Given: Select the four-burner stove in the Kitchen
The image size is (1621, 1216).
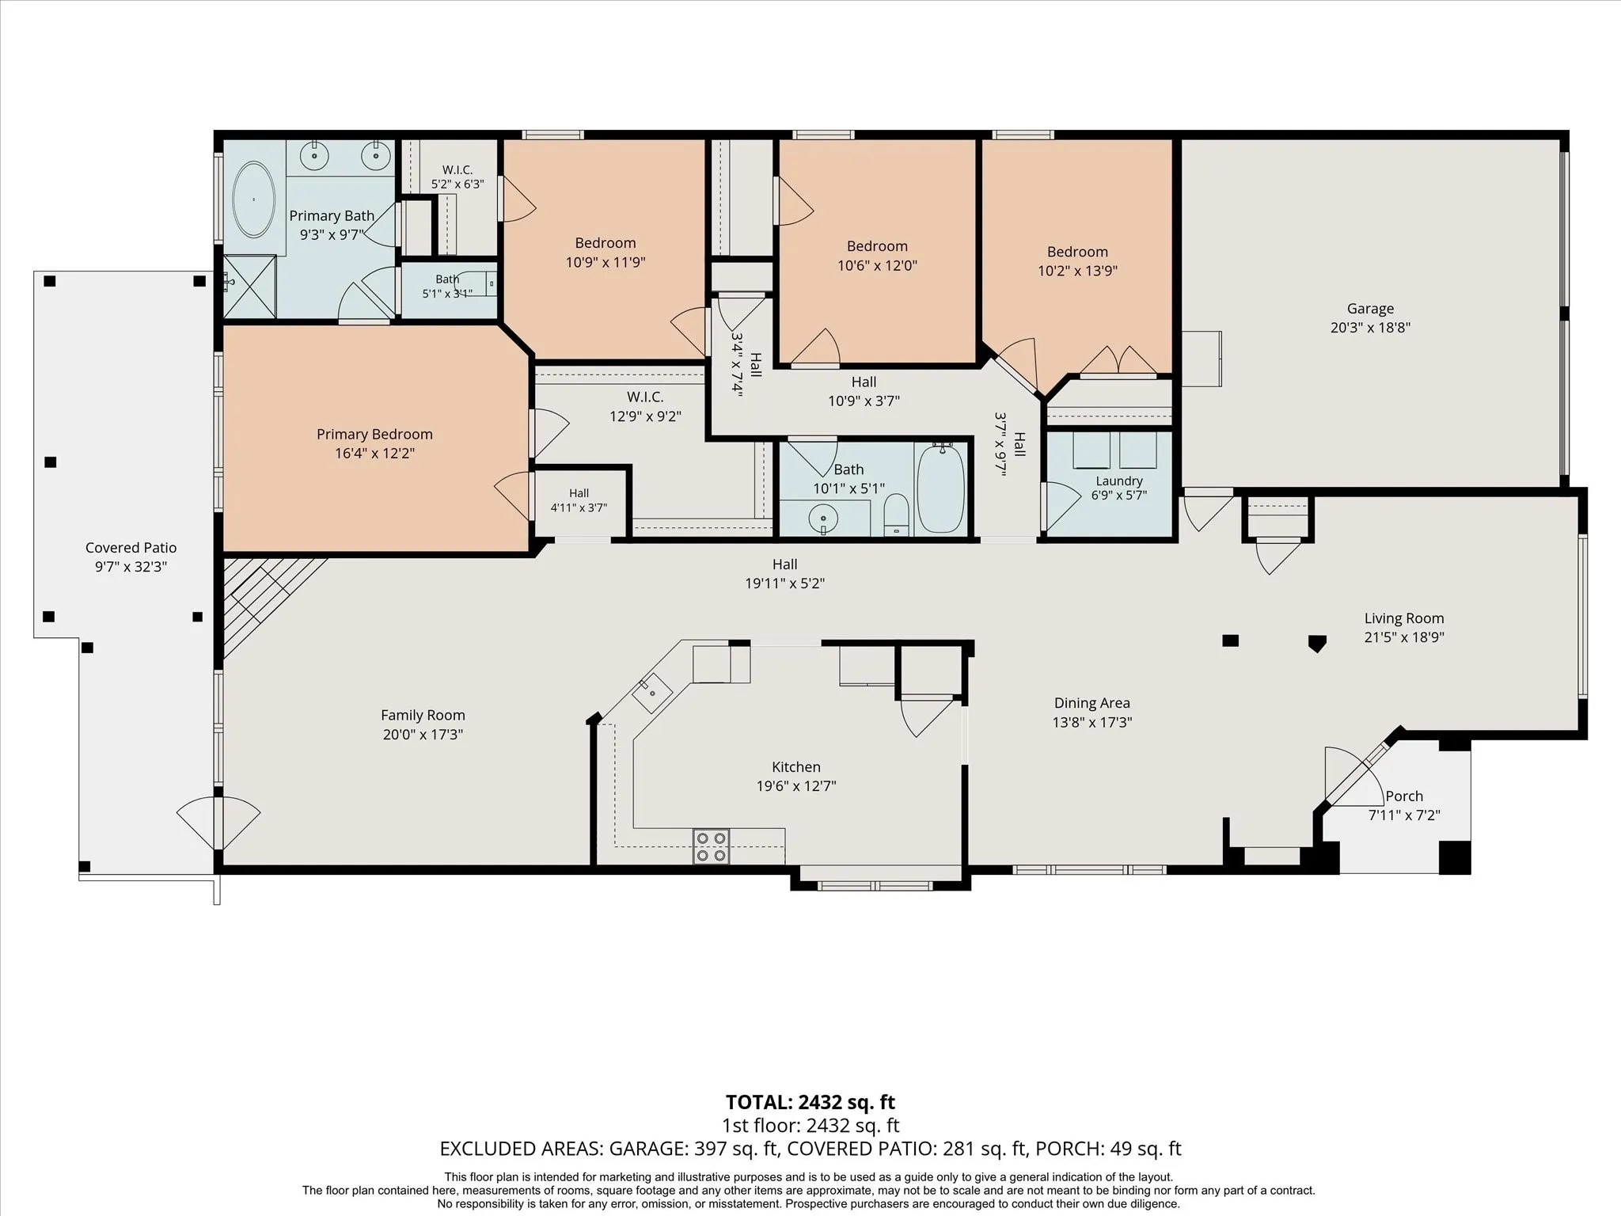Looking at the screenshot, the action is coord(711,846).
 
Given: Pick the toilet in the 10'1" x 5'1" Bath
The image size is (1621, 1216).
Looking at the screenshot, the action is coord(896,515).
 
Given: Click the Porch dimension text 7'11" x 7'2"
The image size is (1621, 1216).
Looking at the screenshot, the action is coord(1404,815).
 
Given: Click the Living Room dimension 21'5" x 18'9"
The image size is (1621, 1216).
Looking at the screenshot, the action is coord(1404,636).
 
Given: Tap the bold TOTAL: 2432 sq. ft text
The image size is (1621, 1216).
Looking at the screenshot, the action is coord(810,1102).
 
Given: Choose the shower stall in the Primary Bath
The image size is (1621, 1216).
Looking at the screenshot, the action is coord(249,286).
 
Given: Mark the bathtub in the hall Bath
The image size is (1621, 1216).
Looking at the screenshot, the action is coord(941,488).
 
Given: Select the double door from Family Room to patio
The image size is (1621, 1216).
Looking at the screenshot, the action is coord(218,823).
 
